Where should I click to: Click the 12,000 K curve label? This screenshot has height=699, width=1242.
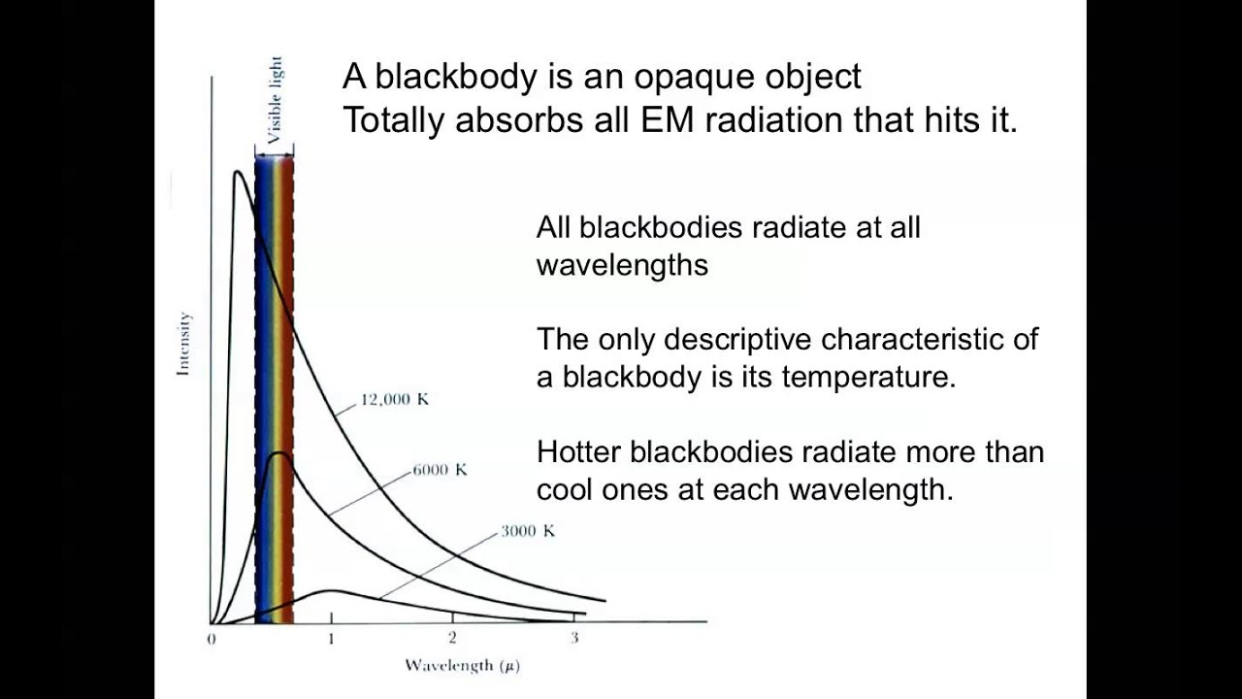(x=394, y=400)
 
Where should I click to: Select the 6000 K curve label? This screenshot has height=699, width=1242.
(x=440, y=470)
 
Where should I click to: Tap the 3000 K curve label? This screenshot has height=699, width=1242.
(x=528, y=531)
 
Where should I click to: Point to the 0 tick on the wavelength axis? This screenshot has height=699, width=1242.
(x=212, y=639)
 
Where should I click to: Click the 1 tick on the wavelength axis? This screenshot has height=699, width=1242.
(x=332, y=638)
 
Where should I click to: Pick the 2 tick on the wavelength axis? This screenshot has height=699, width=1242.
(x=452, y=638)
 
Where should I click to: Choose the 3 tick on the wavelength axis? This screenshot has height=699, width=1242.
(x=573, y=638)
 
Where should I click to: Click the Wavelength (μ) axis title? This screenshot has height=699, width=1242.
(x=462, y=666)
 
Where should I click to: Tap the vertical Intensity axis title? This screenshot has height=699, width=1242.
(x=183, y=344)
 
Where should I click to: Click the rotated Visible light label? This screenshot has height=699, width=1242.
(x=276, y=99)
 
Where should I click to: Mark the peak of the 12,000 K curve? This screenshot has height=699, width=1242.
(x=237, y=173)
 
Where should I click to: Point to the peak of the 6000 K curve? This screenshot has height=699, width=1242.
(x=280, y=452)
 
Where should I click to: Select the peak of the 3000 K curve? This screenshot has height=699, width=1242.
(x=331, y=590)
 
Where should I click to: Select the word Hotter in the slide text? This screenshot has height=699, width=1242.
(x=580, y=452)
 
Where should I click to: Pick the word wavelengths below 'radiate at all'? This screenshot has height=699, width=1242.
(x=622, y=265)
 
